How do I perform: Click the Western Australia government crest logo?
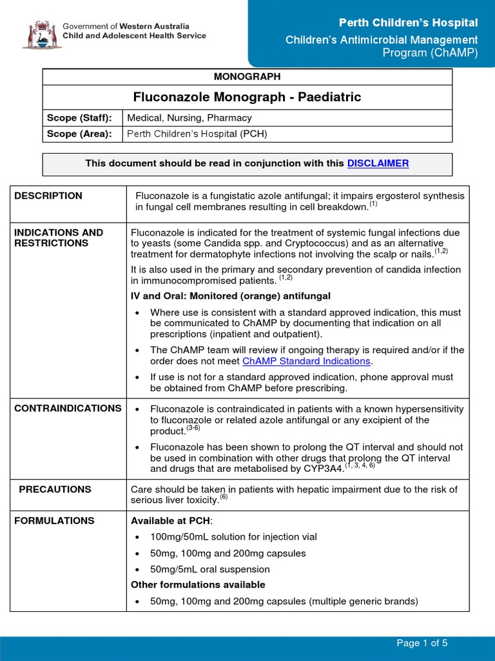coord(41,34)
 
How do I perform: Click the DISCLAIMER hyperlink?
coord(378,164)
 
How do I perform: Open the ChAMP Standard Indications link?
coord(306,361)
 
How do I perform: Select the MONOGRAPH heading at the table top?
coord(247,77)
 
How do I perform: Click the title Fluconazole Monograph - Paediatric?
coord(247,97)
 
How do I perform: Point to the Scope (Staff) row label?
coord(79,118)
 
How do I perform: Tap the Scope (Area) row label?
coord(79,134)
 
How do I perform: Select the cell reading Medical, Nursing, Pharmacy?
coord(189,118)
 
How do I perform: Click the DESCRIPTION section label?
coord(48,196)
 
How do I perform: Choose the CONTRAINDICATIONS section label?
coord(68,409)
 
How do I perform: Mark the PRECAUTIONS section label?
coord(55,490)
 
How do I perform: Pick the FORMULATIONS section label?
coord(54,521)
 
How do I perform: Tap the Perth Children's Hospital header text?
coord(409,23)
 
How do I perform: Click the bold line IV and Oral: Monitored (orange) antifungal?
coord(231,296)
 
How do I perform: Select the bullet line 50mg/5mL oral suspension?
coord(210,569)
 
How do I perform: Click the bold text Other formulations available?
coord(198,585)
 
